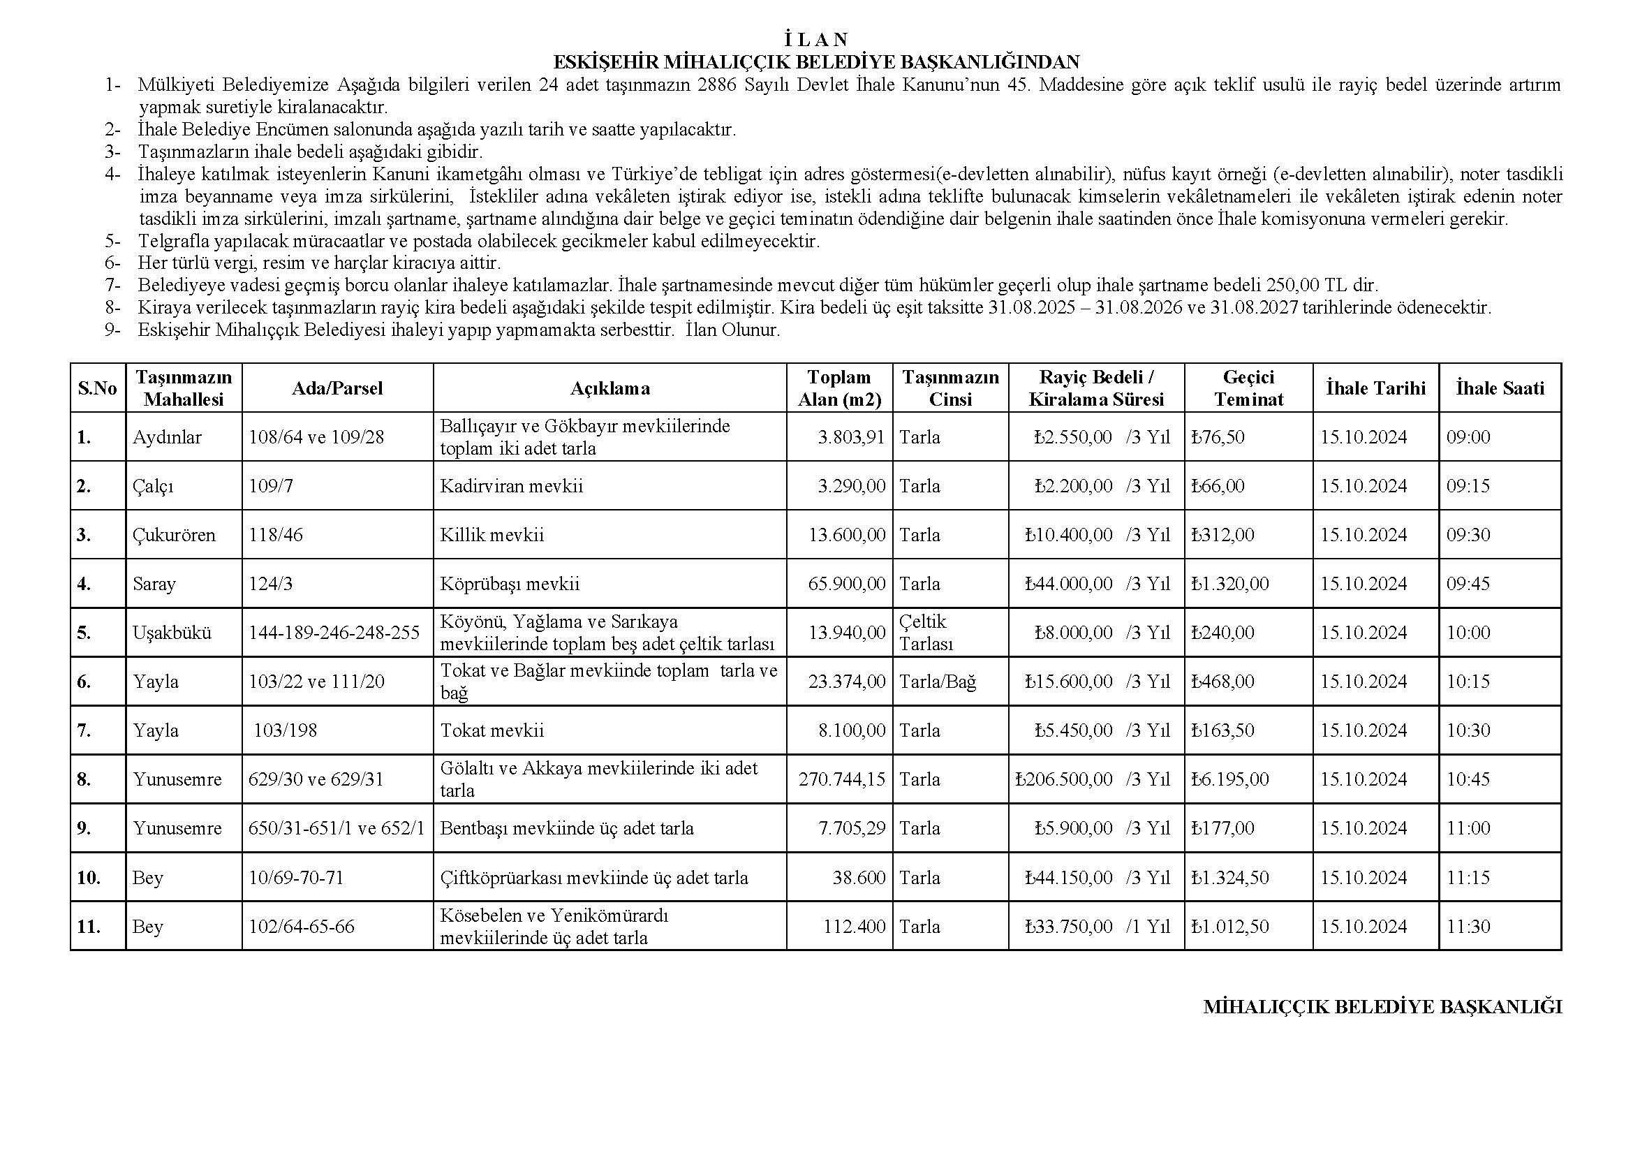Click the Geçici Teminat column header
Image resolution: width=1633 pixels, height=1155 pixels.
tap(1248, 388)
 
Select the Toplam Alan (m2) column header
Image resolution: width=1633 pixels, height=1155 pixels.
tap(839, 388)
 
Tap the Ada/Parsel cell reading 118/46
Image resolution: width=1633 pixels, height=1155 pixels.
tap(276, 535)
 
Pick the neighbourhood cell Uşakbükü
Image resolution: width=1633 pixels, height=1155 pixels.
tap(172, 632)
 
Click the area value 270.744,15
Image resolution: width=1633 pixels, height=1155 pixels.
tap(841, 779)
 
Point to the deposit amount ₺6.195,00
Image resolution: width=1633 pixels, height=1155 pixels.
tap(1230, 779)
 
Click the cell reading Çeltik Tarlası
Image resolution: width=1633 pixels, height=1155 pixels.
tap(926, 632)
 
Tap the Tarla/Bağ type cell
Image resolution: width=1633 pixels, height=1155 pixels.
tap(938, 682)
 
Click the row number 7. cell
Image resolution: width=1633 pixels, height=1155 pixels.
tap(84, 730)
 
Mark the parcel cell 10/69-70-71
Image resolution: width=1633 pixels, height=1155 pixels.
tap(296, 878)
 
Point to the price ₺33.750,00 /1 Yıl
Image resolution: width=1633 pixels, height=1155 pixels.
tap(1098, 927)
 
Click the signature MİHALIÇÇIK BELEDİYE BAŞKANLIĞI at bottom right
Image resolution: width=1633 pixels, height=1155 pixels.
tap(1382, 1007)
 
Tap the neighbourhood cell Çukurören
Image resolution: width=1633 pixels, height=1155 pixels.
tap(175, 535)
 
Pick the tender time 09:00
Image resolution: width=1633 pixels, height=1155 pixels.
tap(1468, 436)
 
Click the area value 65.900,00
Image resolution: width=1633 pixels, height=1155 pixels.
tap(846, 584)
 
